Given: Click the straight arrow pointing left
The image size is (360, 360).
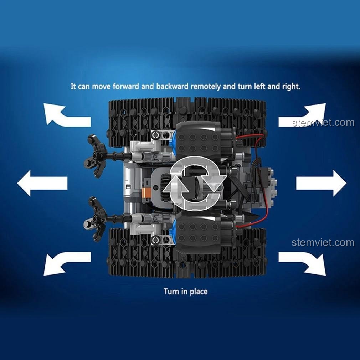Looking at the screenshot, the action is (x=42, y=183).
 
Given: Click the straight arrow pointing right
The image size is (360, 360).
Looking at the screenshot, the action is (x=321, y=183).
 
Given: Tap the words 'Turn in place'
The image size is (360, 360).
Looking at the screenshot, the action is (x=185, y=291).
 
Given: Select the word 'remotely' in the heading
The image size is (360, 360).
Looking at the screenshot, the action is (x=206, y=86).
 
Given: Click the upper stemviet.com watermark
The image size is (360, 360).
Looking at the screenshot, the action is (x=323, y=123).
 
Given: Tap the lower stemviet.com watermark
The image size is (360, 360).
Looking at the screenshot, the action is (x=323, y=242).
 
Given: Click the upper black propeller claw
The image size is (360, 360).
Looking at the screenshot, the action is (x=97, y=156).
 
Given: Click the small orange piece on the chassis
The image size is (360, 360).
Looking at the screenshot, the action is (x=144, y=192).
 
